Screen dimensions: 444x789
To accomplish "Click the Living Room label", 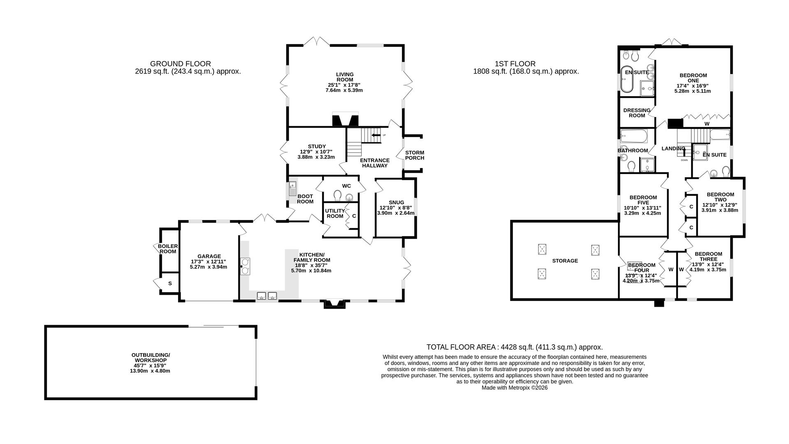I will pyautogui.click(x=345, y=77).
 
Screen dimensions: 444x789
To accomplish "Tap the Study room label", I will pyautogui.click(x=316, y=146).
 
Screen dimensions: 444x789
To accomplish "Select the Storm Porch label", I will pyautogui.click(x=414, y=155).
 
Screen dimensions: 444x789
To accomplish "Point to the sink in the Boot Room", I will pyautogui.click(x=292, y=190).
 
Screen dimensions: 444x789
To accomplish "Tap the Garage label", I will pyautogui.click(x=209, y=256).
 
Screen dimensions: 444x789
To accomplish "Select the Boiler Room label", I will pyautogui.click(x=168, y=248).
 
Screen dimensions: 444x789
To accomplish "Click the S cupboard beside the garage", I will pyautogui.click(x=169, y=284).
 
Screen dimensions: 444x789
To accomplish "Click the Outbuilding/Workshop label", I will pyautogui.click(x=150, y=357).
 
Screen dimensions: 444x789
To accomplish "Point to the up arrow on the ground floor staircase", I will pyautogui.click(x=376, y=135).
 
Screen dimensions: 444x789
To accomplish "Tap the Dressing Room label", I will pyautogui.click(x=636, y=113).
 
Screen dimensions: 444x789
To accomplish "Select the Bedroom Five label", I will pyautogui.click(x=643, y=200).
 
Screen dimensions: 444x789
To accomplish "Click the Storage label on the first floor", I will pyautogui.click(x=565, y=261).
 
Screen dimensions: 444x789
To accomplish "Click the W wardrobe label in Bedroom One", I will pyautogui.click(x=707, y=123).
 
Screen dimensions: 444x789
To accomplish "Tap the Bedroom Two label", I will pyautogui.click(x=720, y=197).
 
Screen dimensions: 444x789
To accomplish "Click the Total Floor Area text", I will pyautogui.click(x=514, y=347).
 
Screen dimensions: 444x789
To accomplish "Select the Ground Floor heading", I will pyautogui.click(x=180, y=64).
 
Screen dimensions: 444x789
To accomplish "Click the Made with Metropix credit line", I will pyautogui.click(x=514, y=387).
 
